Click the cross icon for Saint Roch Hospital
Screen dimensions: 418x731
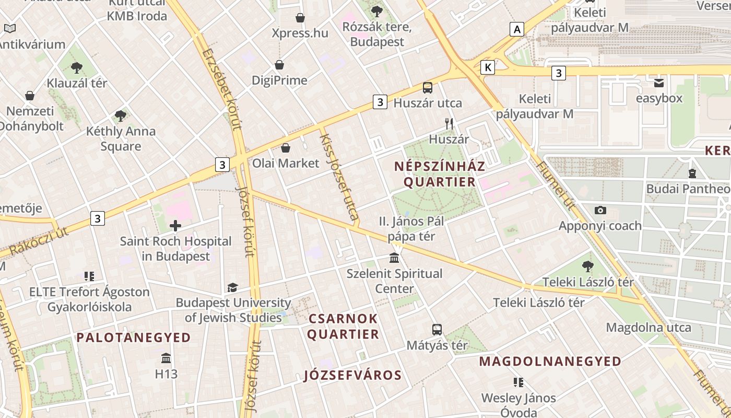175,226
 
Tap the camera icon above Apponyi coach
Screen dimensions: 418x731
600,210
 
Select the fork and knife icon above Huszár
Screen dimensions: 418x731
449,124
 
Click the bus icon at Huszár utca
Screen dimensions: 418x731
428,87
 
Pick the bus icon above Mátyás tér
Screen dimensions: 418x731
437,330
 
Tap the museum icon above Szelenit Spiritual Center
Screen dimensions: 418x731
394,258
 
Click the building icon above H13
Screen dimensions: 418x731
166,358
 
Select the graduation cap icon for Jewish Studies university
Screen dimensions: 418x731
232,287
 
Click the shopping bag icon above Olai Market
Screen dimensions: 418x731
285,148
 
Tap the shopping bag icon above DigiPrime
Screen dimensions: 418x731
279,65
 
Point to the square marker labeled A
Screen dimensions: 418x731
517,29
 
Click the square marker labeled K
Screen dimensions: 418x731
488,67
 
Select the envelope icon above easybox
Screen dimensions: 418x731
659,83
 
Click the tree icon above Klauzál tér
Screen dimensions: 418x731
77,67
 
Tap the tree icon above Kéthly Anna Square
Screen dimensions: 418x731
121,115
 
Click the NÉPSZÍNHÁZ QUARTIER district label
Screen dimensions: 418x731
440,174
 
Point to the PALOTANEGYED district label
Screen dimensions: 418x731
134,338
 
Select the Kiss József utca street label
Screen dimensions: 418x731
339,177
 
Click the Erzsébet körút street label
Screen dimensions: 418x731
221,89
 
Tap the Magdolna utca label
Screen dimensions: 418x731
648,328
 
